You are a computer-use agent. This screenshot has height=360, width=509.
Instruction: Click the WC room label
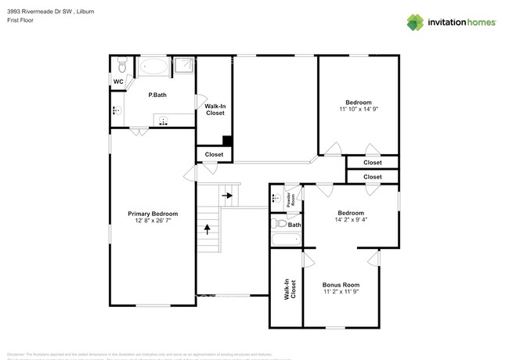(118, 81)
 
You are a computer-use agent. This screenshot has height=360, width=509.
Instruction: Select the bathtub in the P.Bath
(153, 67)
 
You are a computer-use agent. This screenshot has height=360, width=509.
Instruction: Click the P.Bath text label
(157, 95)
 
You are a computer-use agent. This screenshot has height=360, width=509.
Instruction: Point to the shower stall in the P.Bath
(183, 67)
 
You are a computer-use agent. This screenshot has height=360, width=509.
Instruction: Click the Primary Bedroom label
(153, 214)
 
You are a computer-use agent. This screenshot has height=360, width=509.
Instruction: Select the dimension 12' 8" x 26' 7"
(153, 221)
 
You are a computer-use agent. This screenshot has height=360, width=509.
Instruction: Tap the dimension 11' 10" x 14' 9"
(359, 110)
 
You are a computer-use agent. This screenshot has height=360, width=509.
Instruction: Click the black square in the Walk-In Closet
(227, 141)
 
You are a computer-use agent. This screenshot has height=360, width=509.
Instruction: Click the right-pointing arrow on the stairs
(228, 196)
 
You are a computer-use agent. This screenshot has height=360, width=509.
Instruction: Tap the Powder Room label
(289, 199)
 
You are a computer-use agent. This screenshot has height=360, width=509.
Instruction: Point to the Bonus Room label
(341, 284)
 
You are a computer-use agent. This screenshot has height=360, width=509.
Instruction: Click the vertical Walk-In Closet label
(290, 290)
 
